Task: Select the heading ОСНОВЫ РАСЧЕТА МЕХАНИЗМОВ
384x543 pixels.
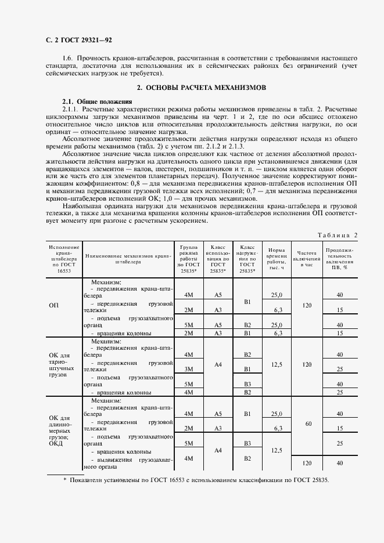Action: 200,88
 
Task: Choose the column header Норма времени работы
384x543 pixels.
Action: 276,258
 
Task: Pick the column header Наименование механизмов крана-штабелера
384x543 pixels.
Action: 128,258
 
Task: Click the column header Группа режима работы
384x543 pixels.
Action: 188,258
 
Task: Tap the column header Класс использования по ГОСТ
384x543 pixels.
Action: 218,258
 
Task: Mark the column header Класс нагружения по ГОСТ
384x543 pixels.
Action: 247,258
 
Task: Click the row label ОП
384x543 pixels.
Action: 53,305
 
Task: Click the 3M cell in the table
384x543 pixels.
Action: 188,369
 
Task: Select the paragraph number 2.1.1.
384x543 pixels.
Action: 70,109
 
